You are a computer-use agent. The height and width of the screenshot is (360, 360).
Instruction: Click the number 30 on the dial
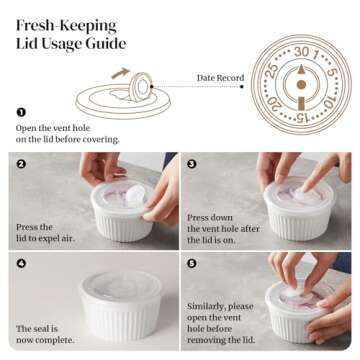301,51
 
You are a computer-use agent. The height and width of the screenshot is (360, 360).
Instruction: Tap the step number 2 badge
22,162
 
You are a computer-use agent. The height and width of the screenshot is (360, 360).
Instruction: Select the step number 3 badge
192,162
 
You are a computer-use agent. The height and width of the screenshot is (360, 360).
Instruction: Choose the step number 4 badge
22,262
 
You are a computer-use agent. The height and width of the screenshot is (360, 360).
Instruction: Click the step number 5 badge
192,262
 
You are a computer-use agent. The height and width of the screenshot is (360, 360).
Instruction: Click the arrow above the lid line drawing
120,72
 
